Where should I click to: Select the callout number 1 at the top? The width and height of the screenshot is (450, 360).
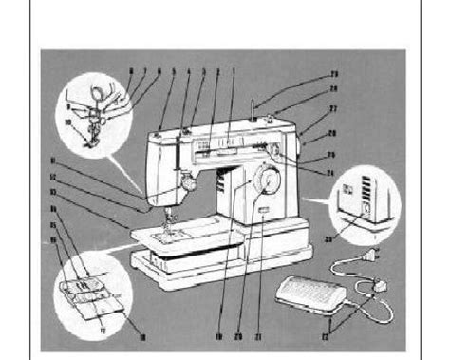(231, 73)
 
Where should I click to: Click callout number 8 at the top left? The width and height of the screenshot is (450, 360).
(131, 73)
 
